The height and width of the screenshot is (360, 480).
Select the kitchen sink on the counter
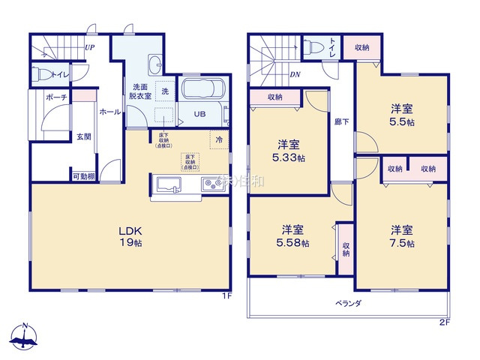point(166,184)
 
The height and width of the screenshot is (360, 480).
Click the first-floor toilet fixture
point(44,74)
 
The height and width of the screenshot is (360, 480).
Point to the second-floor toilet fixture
point(310,45)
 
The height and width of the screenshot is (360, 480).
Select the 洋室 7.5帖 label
point(401,235)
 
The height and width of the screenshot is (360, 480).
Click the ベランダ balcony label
point(348,303)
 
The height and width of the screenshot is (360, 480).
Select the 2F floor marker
point(444,322)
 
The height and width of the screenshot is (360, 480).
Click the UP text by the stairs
point(89,47)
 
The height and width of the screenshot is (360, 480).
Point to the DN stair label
point(295,74)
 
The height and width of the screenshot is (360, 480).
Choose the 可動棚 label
point(83,176)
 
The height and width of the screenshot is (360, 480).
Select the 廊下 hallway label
point(340,122)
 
